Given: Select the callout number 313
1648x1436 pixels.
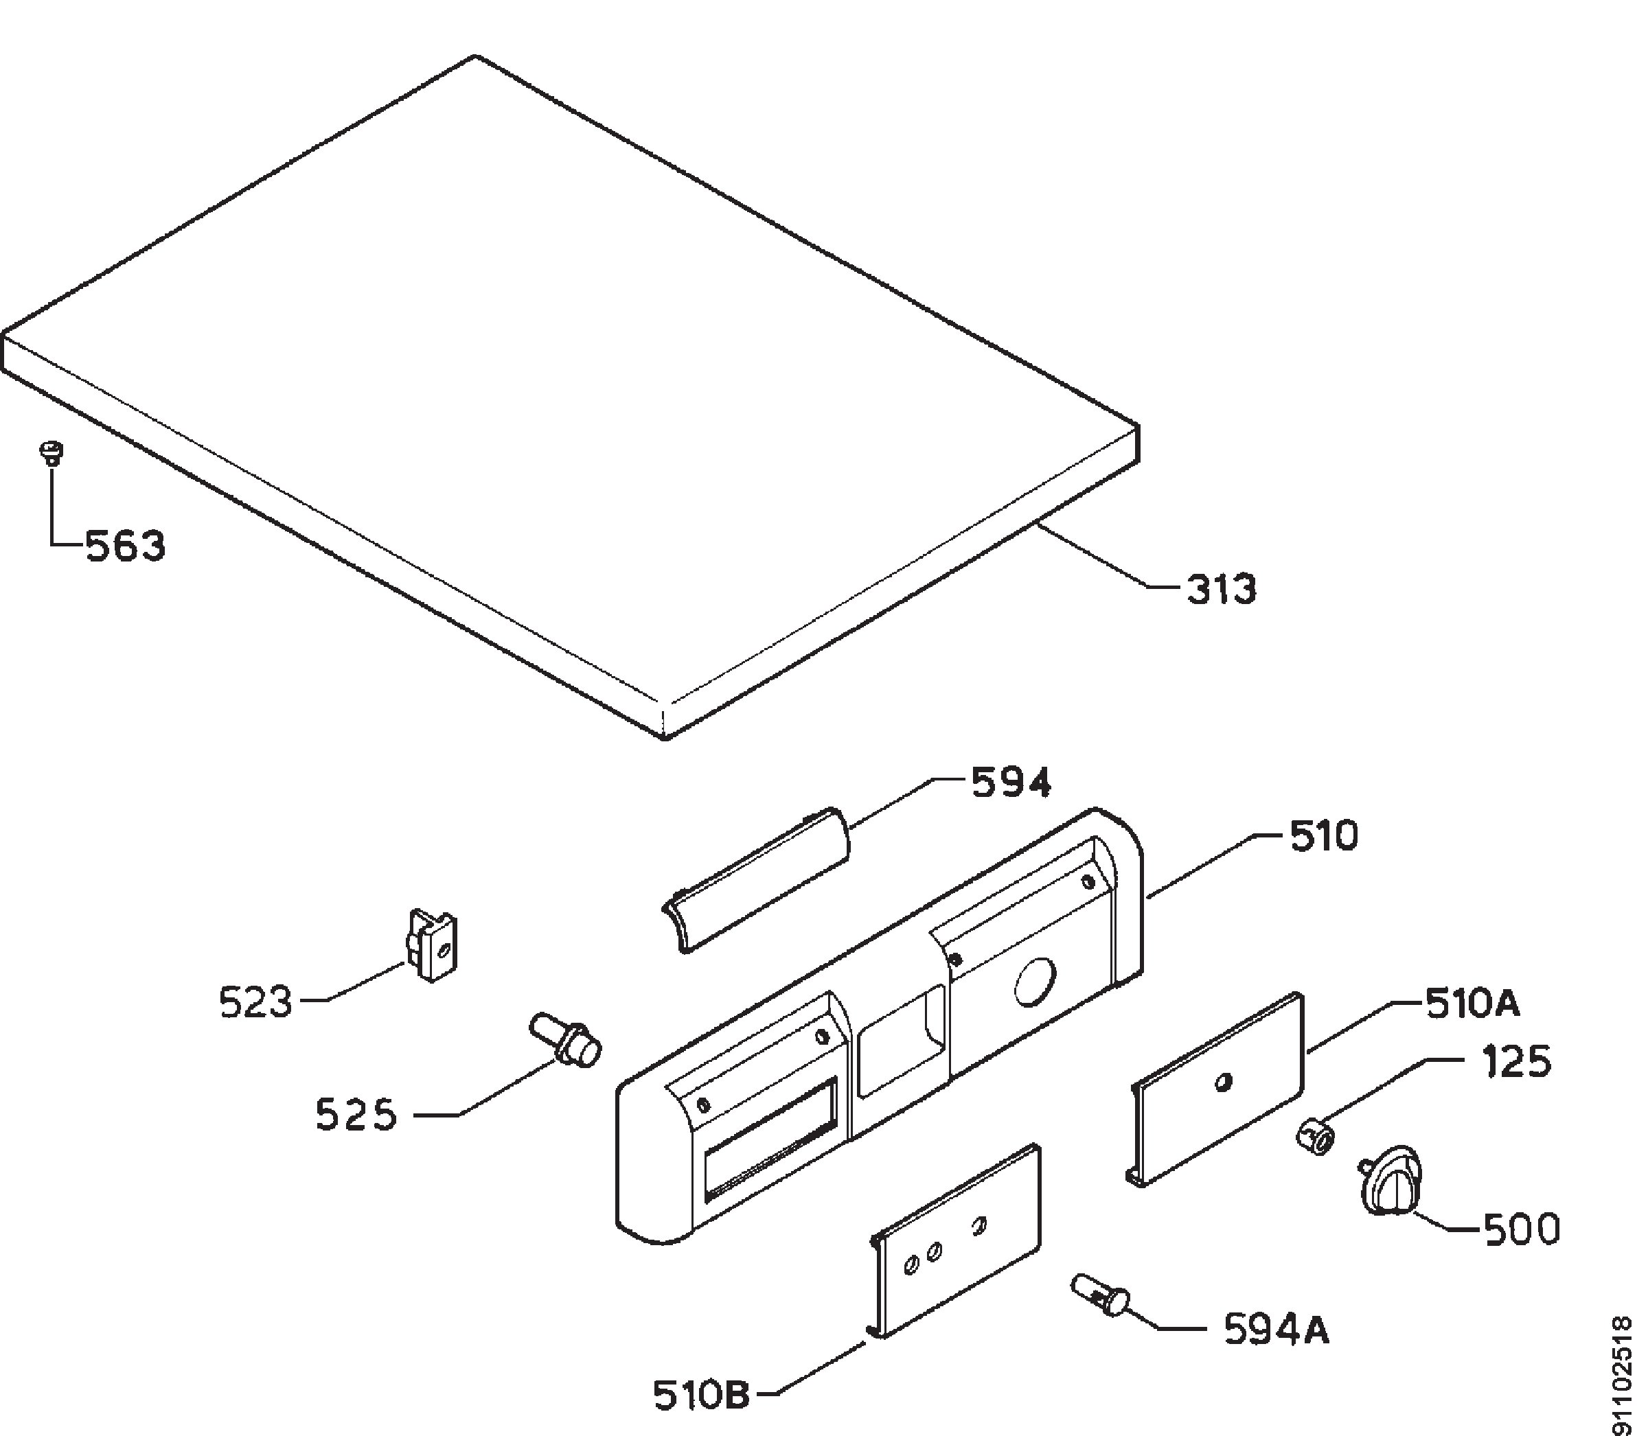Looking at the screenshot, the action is click(x=1221, y=590).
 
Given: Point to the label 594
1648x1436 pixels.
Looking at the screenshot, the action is click(x=1010, y=783).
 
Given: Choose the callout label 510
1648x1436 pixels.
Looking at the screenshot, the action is click(x=1323, y=837).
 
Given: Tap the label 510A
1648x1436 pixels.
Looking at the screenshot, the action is click(x=1472, y=1004).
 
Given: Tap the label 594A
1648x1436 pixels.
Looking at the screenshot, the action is click(x=1276, y=1331).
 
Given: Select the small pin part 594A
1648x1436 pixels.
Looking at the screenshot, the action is click(x=1101, y=1293).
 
